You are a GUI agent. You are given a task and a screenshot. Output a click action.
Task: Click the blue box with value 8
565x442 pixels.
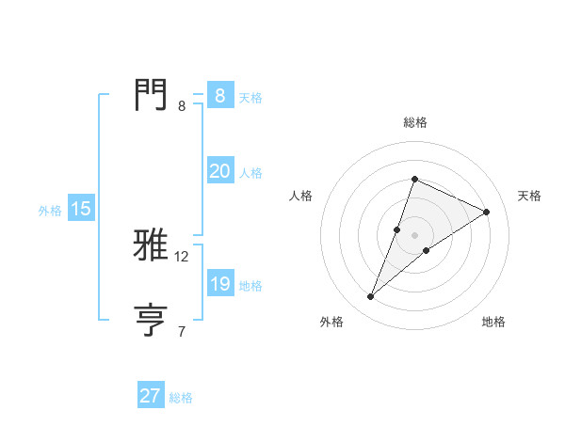click(219, 96)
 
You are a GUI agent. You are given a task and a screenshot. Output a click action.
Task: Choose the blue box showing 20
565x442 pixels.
click(219, 171)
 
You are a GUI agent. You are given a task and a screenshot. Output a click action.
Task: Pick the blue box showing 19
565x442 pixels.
click(219, 284)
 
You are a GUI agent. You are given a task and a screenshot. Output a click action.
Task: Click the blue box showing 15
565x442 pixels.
click(81, 210)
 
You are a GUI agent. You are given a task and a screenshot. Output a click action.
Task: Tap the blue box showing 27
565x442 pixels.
click(151, 396)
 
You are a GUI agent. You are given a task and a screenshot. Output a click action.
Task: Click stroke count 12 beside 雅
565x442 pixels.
click(182, 257)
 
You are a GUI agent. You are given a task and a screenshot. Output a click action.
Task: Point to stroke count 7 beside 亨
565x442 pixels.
click(182, 331)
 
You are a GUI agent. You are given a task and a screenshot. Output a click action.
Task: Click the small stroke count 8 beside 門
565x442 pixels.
click(182, 106)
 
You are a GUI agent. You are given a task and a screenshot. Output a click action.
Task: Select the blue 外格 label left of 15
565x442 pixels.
click(50, 211)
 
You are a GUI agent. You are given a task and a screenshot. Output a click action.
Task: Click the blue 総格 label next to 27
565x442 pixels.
click(181, 398)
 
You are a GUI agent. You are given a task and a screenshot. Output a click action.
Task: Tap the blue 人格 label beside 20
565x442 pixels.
click(250, 173)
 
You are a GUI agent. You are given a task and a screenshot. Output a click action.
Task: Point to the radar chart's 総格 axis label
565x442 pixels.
click(414, 122)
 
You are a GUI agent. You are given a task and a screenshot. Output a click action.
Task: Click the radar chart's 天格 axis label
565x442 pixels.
click(529, 196)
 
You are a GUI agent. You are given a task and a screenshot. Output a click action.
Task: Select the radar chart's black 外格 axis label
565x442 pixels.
click(331, 323)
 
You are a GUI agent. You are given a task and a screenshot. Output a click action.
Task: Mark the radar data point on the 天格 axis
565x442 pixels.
click(487, 212)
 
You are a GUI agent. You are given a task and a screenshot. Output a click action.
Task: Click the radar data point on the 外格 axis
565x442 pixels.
click(371, 296)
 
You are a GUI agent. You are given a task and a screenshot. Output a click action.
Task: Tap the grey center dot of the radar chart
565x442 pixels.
click(414, 235)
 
